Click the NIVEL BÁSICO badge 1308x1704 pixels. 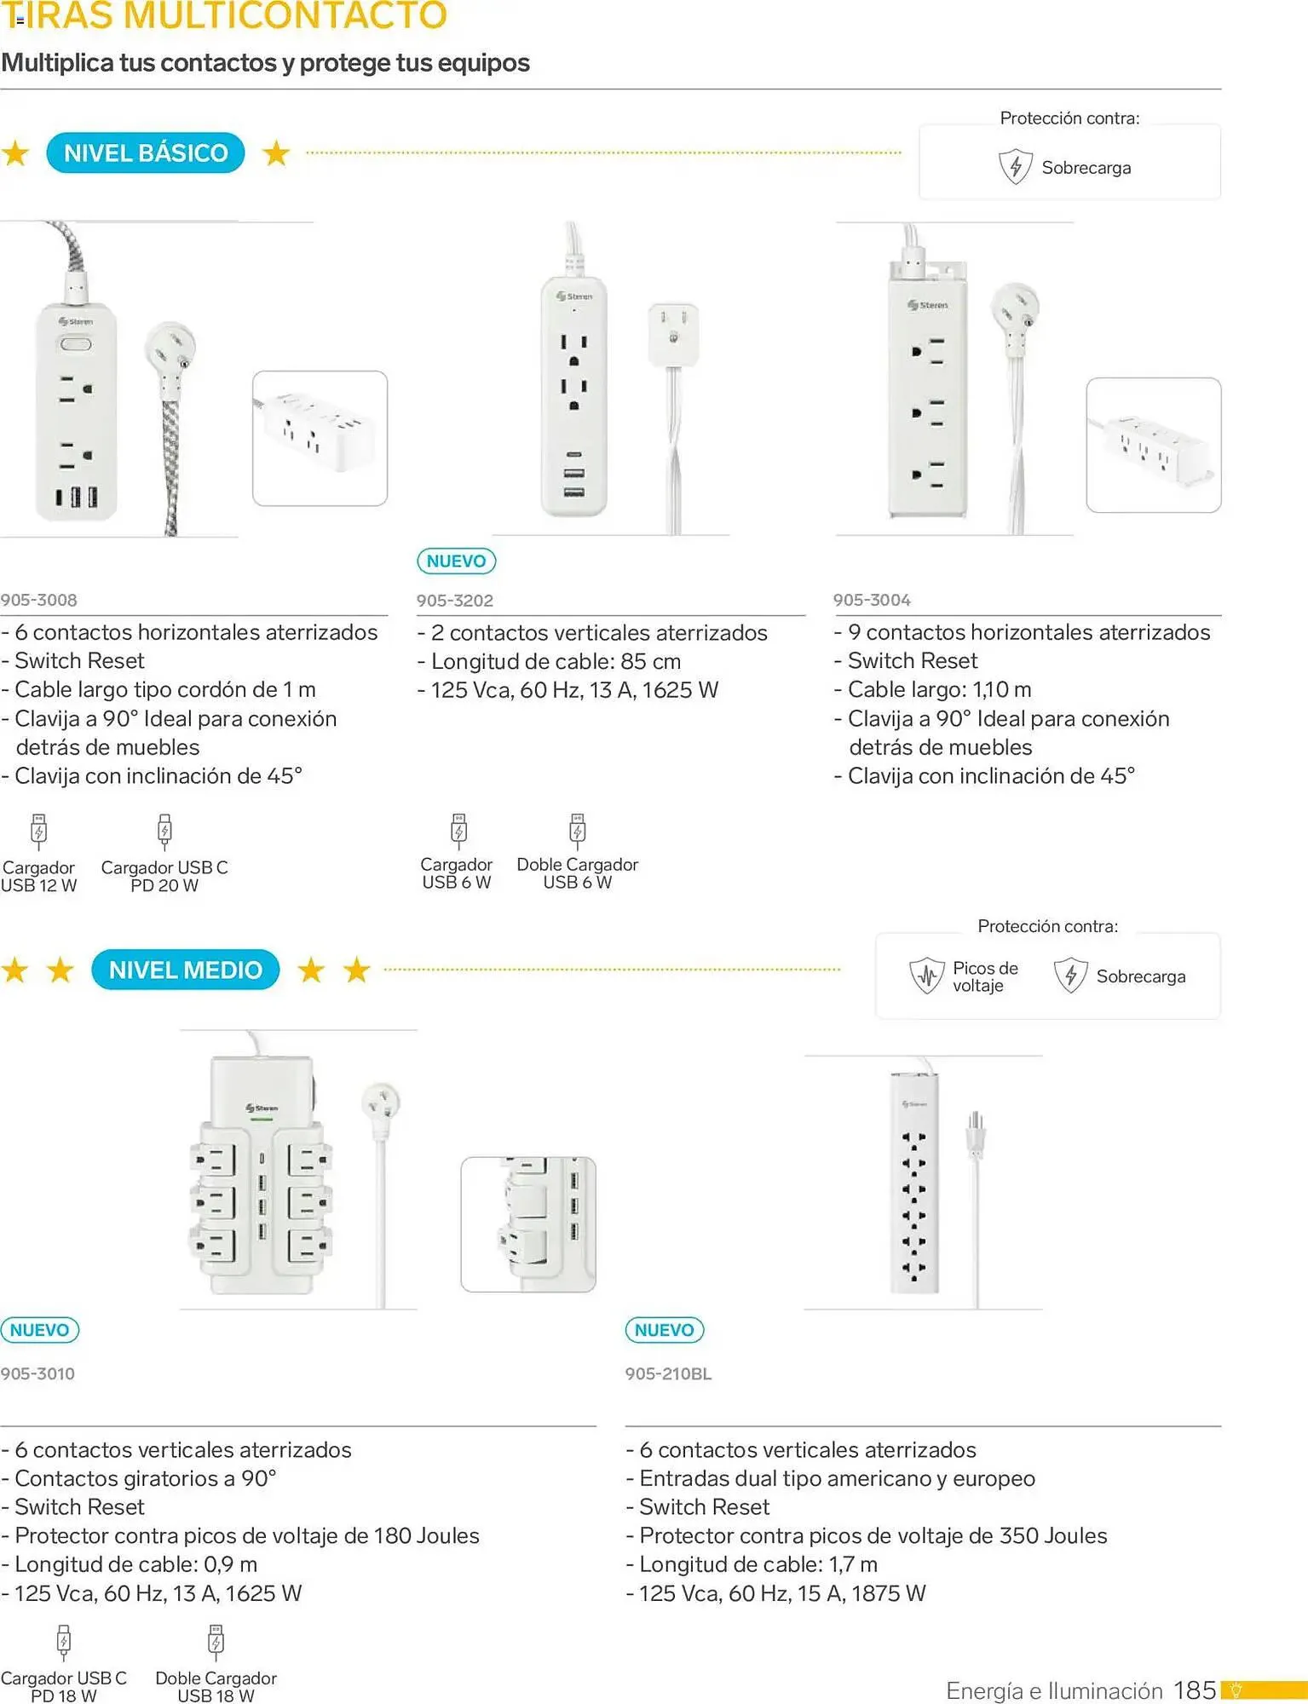(x=146, y=153)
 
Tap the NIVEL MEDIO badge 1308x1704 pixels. (x=185, y=970)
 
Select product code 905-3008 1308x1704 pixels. (x=39, y=600)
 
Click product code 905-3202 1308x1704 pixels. (x=455, y=601)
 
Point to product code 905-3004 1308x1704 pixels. (x=872, y=600)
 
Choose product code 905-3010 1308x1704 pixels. (x=38, y=1373)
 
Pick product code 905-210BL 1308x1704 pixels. (x=668, y=1373)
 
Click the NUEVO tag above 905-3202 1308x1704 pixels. (x=456, y=561)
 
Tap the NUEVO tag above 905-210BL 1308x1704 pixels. (x=665, y=1330)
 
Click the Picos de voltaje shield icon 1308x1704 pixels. (x=926, y=976)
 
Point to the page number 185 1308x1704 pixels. (x=1195, y=1690)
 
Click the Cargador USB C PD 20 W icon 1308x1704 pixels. (x=164, y=832)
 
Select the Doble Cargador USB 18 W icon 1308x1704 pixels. (x=216, y=1642)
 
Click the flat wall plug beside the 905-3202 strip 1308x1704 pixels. (x=673, y=333)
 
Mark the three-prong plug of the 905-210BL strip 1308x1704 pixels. (x=976, y=1133)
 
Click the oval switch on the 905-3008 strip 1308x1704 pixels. (x=75, y=344)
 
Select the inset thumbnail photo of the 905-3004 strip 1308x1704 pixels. (x=1153, y=445)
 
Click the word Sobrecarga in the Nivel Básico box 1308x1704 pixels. (x=1086, y=168)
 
